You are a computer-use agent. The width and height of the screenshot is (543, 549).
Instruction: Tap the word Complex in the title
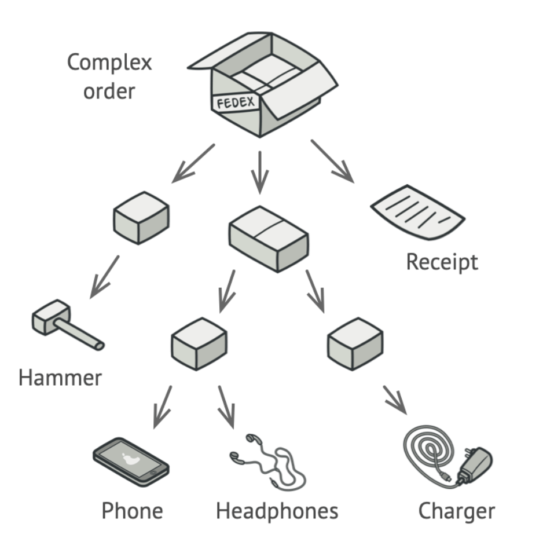pos(109,62)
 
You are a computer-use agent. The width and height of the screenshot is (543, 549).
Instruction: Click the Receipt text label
pos(442,262)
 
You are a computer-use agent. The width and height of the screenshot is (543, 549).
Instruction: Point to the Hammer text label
pos(60,378)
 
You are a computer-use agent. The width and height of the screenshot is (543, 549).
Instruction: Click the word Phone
pos(132,511)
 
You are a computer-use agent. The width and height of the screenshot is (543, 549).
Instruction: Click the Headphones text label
pos(277,511)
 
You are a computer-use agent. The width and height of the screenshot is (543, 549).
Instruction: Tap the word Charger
pos(456,511)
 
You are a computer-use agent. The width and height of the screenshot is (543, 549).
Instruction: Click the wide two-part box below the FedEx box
pos(269,238)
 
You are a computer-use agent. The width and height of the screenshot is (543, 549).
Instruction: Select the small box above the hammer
pos(141,217)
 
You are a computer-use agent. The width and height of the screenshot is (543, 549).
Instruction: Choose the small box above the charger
pos(355,343)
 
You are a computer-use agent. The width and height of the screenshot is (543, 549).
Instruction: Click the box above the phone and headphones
pos(199,343)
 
